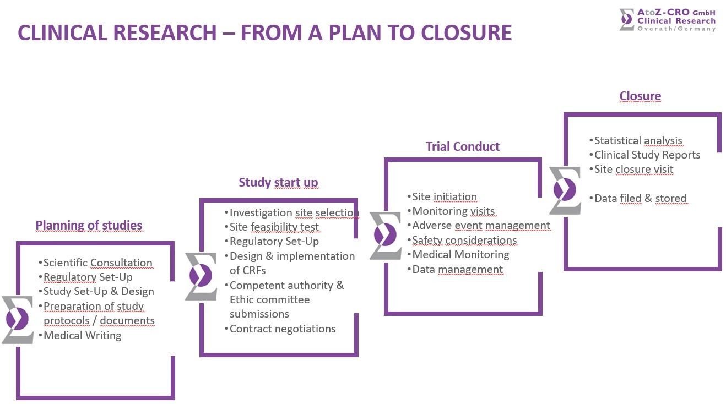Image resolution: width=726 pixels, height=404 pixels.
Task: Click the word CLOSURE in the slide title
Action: (466, 32)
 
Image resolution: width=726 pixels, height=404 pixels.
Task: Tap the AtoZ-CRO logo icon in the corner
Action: (626, 20)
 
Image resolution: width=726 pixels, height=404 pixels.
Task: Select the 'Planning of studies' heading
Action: (89, 225)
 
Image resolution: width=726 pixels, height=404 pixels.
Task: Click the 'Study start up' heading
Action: (278, 182)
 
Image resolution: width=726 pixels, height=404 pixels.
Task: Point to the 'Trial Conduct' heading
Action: (462, 146)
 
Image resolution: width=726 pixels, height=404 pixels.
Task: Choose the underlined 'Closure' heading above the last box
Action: (640, 96)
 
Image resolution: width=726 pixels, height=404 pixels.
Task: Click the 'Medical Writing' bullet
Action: (82, 335)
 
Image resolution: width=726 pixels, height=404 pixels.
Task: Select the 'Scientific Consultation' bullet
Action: (97, 263)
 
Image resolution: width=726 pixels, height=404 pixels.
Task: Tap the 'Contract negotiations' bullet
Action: (282, 329)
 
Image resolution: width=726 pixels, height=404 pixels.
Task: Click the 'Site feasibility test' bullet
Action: (274, 227)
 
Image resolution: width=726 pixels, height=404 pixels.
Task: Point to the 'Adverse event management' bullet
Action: (481, 226)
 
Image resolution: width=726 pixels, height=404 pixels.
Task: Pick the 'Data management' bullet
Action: (457, 269)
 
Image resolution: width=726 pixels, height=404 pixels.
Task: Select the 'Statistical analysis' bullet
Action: (638, 140)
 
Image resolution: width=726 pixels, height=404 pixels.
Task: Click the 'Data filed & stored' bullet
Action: (640, 198)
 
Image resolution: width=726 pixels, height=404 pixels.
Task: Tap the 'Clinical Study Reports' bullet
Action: (647, 155)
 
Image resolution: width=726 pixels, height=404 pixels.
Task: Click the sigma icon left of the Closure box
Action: (565, 190)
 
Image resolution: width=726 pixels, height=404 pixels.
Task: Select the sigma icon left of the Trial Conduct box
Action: (385, 236)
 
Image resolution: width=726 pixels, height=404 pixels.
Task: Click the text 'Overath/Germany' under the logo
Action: (676, 29)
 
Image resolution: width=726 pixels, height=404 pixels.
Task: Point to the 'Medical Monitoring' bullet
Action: (460, 254)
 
